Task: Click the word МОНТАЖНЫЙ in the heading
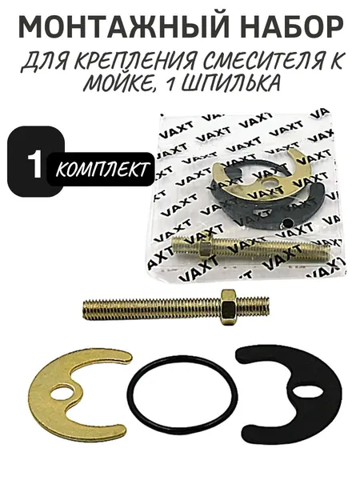click(124, 27)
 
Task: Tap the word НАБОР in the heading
click(290, 28)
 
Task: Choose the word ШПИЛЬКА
click(230, 82)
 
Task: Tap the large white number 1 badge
click(34, 165)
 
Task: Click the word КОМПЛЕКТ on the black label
click(102, 170)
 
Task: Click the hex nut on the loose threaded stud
click(227, 306)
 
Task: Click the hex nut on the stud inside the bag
click(205, 249)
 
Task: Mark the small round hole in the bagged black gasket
click(287, 222)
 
